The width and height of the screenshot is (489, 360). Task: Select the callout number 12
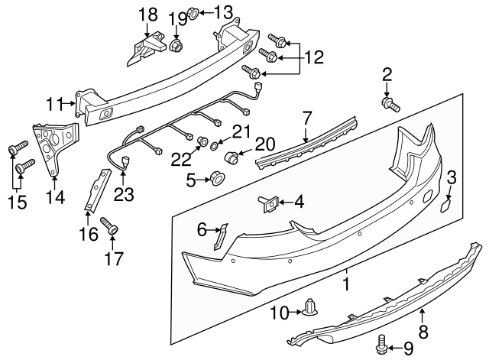click(314, 56)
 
